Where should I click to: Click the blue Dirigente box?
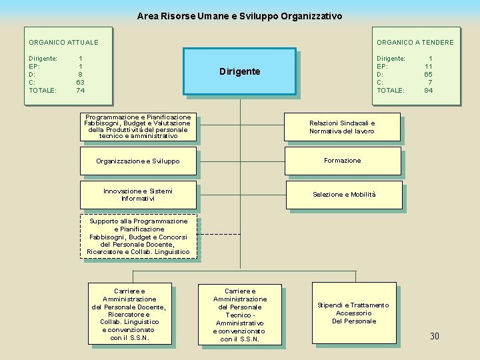239,71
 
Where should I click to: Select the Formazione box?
343,161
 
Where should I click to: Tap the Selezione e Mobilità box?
344,195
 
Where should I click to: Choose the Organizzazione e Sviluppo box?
138,161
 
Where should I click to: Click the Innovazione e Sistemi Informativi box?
138,195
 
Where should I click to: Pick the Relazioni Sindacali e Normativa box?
342,127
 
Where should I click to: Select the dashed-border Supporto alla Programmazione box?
139,236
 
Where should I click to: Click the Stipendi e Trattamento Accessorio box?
353,313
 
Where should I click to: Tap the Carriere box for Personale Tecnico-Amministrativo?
239,315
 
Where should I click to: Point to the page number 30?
435,336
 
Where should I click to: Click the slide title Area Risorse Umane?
239,15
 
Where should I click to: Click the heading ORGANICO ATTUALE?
63,43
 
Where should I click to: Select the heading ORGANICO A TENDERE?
415,43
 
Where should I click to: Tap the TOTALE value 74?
80,90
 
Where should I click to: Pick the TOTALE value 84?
428,90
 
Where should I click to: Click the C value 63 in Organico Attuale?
80,82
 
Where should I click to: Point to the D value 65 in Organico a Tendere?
428,74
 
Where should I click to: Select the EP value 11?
429,66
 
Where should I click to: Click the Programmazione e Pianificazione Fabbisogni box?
138,127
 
